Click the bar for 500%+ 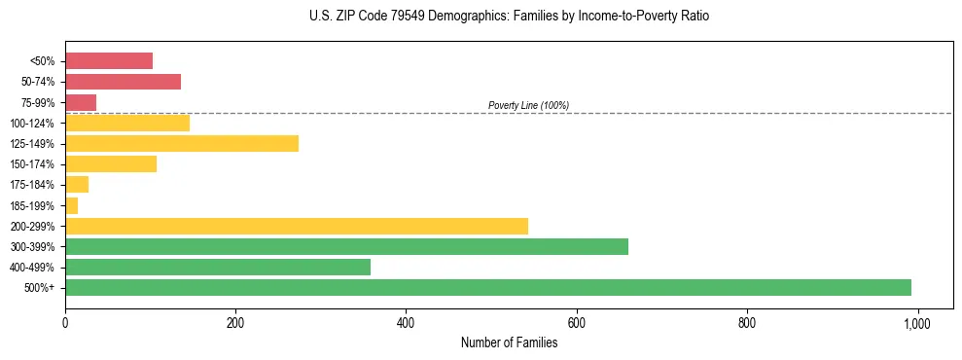tap(487, 287)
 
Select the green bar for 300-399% tap(346, 246)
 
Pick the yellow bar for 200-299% tap(297, 226)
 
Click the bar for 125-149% tap(182, 143)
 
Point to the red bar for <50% tap(109, 61)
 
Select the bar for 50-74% tap(123, 82)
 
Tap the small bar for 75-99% tap(81, 102)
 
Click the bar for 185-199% tap(71, 205)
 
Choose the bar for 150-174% tap(111, 163)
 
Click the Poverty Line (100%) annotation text tap(528, 105)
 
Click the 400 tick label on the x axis tap(406, 322)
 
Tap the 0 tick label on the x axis tap(65, 322)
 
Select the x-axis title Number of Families tap(509, 342)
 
